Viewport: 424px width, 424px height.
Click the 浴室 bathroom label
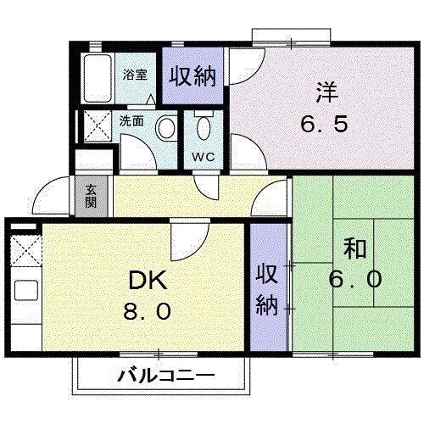click(x=136, y=74)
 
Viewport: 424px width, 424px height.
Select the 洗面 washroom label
click(x=131, y=121)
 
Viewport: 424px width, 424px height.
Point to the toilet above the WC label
click(x=204, y=129)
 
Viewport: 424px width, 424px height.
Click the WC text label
click(x=204, y=157)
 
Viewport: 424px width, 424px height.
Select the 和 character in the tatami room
click(x=355, y=248)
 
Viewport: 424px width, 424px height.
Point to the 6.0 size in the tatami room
click(x=355, y=278)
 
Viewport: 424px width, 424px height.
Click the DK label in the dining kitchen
click(x=149, y=280)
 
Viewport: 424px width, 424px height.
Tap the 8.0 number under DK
click(x=149, y=311)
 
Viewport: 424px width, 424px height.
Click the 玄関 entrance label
click(x=91, y=198)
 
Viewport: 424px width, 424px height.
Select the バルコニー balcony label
click(x=165, y=374)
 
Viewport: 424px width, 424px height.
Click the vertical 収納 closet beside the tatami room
click(x=266, y=288)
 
